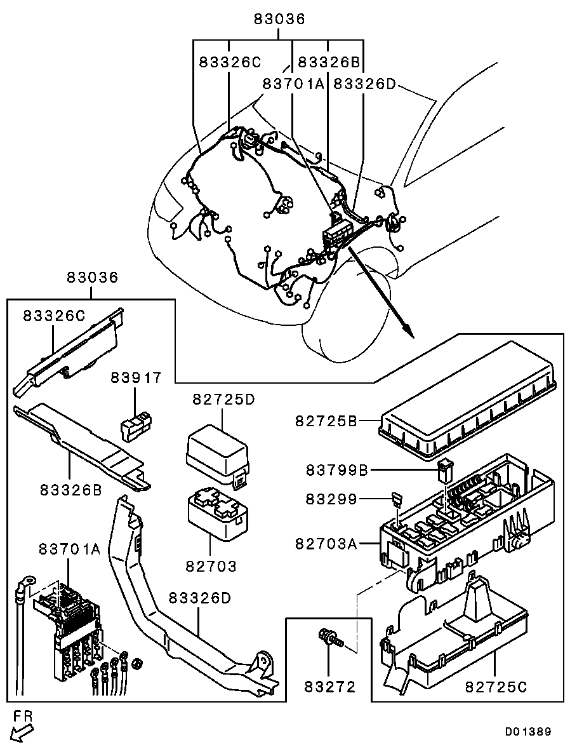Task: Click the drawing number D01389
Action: (527, 732)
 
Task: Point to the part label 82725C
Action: (496, 687)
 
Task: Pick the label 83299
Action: (331, 500)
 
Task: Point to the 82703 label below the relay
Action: (211, 565)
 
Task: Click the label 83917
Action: (136, 377)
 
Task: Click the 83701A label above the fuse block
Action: (69, 549)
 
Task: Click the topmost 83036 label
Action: (280, 19)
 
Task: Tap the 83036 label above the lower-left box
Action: (93, 278)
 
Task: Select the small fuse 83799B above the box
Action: (444, 472)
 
